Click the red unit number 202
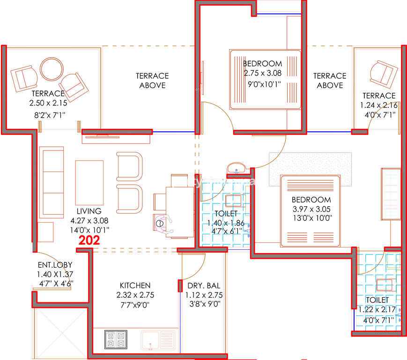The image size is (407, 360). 89,240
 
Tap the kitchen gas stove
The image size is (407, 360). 116,339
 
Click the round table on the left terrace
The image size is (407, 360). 52,69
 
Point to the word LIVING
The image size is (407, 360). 89,211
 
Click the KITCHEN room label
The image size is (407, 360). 135,285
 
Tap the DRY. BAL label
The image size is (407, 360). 204,286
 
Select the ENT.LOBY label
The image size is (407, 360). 55,265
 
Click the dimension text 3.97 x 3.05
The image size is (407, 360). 311,209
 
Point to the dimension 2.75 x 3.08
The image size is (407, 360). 263,73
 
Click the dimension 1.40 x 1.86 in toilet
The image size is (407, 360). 226,223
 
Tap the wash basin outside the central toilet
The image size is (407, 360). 236,168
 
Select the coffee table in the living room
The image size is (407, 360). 89,183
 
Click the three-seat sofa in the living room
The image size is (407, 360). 52,182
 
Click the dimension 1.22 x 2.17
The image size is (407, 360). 377,310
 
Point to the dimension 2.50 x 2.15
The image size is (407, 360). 48,103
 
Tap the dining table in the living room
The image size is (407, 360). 180,212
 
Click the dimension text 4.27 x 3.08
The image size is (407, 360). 89,220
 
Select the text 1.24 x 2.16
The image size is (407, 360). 379,105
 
